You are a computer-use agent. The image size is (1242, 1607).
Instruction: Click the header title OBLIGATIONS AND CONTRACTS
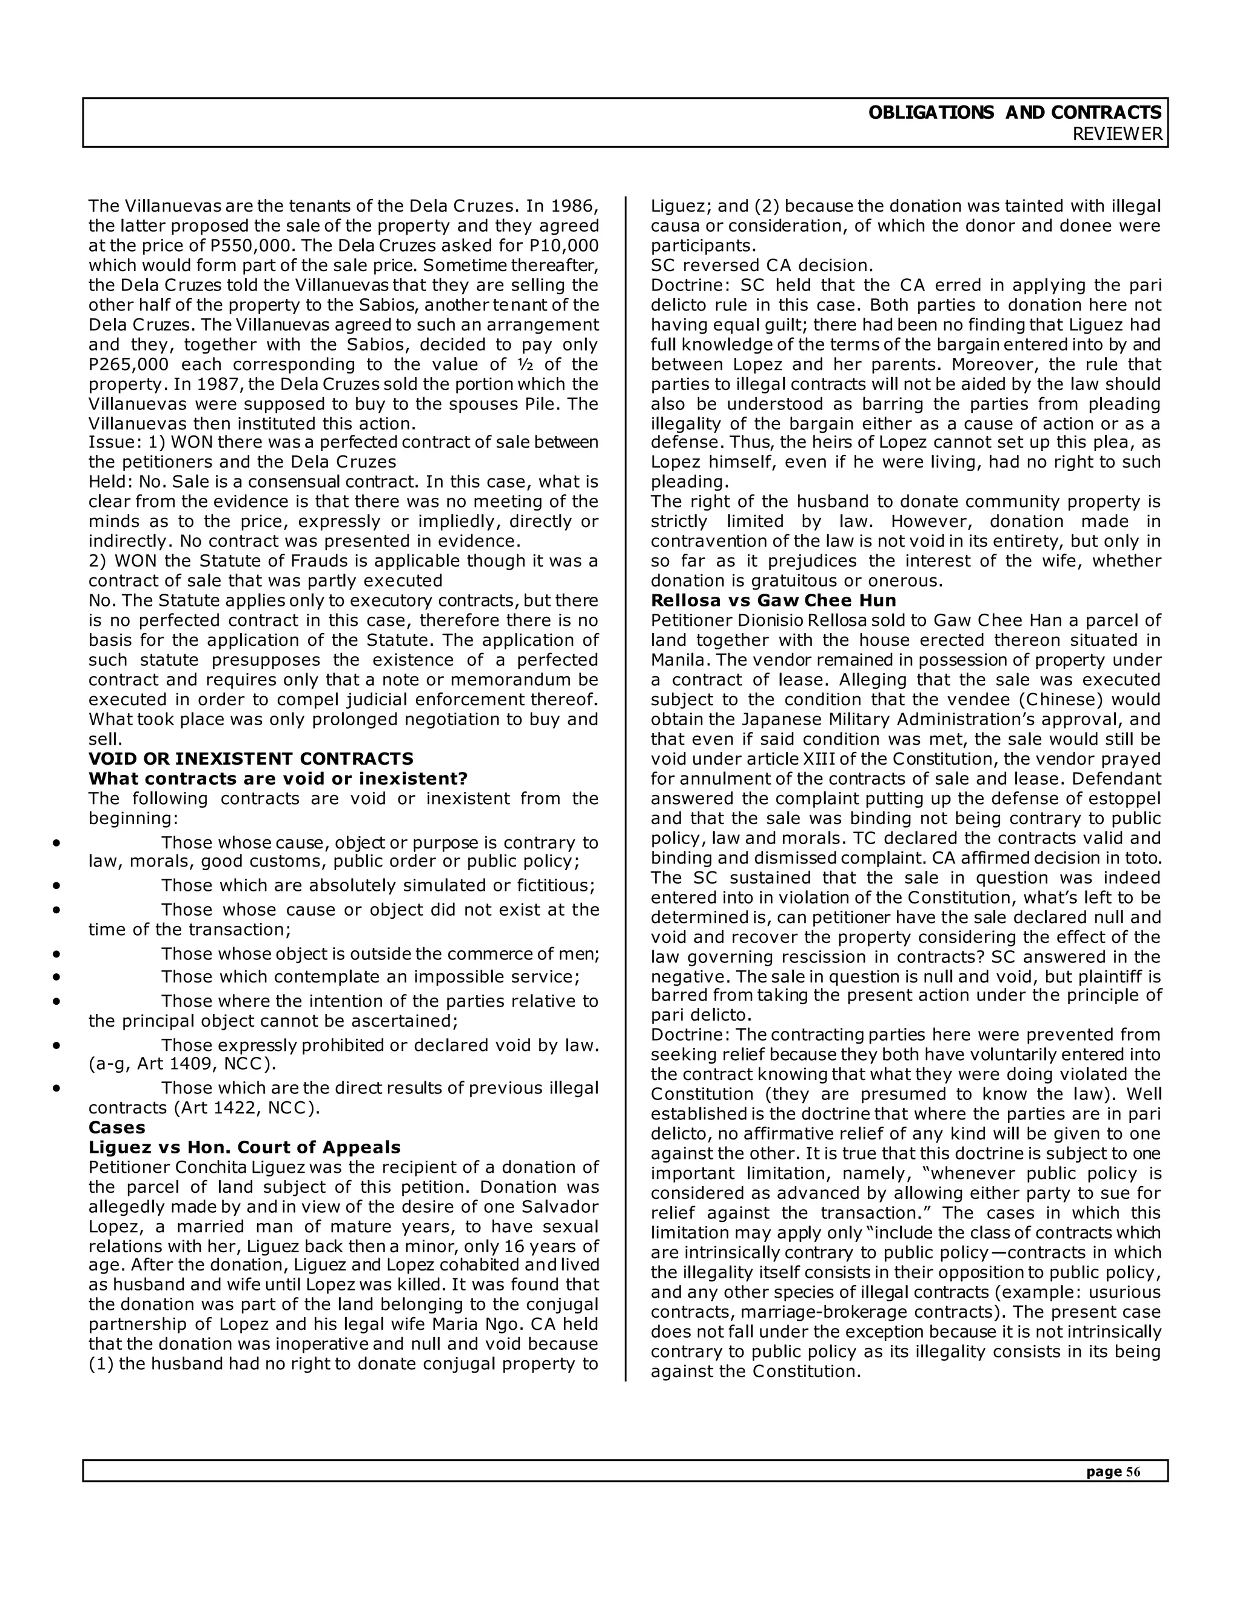[x=1015, y=113]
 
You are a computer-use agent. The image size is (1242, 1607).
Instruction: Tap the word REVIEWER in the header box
[x=1117, y=135]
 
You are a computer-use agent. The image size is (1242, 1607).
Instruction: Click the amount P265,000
[x=130, y=365]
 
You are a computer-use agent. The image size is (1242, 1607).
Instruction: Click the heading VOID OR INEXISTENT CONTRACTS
[x=251, y=759]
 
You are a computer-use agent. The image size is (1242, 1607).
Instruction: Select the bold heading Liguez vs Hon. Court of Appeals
[x=244, y=1147]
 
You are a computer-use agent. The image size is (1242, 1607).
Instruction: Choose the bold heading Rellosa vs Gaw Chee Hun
[x=773, y=600]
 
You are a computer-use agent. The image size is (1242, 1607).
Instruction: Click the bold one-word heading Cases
[x=117, y=1127]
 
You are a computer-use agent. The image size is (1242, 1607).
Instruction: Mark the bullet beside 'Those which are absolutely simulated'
[x=56, y=886]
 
